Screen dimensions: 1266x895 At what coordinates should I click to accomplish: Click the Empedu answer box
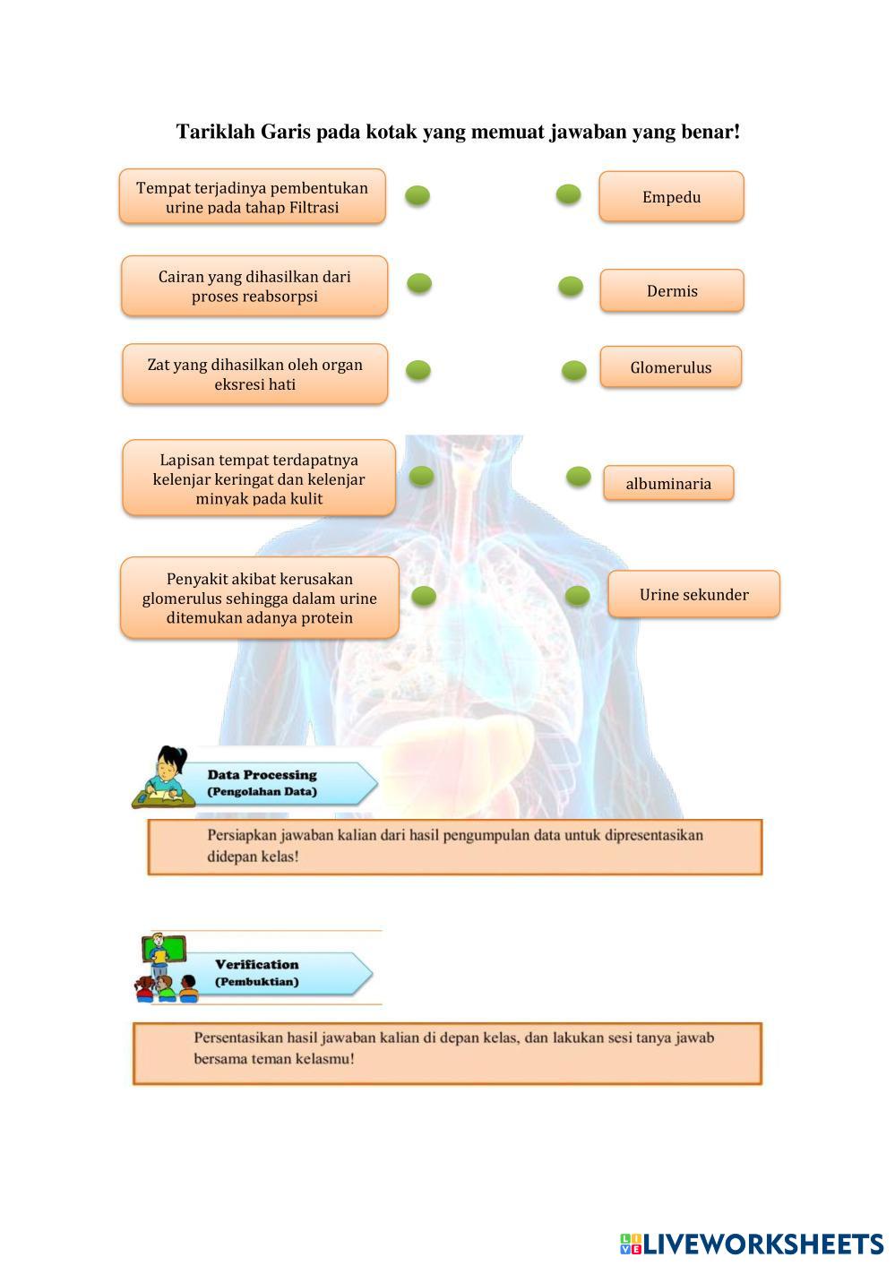671,196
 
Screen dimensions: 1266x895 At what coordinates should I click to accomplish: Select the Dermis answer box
672,290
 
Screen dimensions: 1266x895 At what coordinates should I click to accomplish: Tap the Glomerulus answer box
670,367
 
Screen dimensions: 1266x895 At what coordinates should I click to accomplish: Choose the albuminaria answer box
668,483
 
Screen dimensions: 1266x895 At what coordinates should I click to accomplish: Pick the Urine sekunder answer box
693,594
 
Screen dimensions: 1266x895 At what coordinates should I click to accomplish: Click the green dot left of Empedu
568,194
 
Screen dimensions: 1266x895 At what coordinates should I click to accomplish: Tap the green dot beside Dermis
571,287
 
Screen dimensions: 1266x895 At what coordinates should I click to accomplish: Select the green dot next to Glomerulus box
574,370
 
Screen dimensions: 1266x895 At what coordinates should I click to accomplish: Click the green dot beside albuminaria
579,476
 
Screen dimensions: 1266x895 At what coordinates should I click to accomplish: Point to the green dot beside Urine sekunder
578,595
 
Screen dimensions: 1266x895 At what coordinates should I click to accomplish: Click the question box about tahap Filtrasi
253,196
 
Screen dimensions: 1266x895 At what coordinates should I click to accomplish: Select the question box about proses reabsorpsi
254,286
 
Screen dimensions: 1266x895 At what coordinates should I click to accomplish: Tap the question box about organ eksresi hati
255,374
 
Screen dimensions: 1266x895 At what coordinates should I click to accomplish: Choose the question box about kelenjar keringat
259,478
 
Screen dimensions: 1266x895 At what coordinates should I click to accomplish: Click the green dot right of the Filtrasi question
417,195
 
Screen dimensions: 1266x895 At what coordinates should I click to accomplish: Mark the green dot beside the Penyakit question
424,595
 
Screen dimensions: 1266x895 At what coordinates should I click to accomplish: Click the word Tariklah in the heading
215,132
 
